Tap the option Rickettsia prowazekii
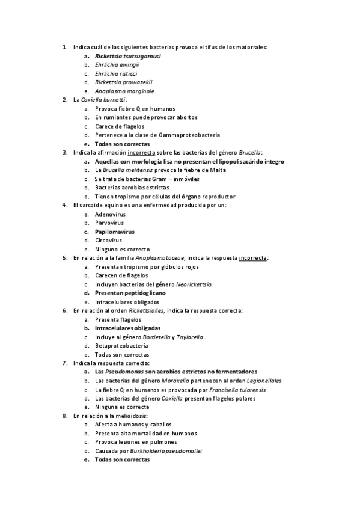123,82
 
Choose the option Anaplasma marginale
124,91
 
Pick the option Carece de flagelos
119,126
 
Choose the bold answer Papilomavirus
114,232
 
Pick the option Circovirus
108,241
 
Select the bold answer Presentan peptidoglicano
130,293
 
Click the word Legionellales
260,381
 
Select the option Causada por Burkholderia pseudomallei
148,450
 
